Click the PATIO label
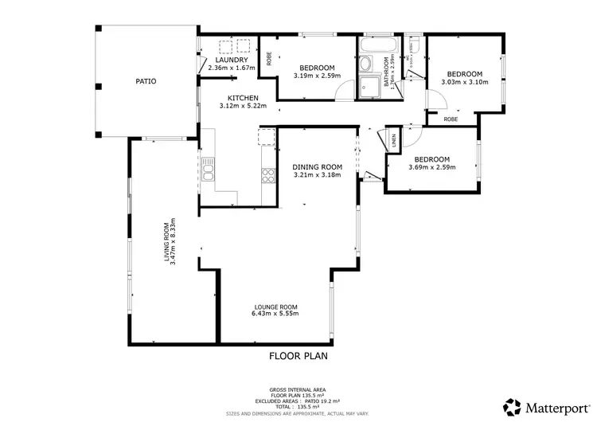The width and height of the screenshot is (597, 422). [x=145, y=81]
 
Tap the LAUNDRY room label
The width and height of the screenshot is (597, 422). [x=232, y=61]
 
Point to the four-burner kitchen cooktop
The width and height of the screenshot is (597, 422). [x=267, y=175]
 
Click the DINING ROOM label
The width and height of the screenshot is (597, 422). [x=317, y=167]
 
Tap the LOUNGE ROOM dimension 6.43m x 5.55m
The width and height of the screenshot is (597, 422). [x=276, y=313]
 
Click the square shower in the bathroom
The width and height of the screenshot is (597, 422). [x=369, y=88]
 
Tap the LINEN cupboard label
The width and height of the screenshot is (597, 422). [x=393, y=140]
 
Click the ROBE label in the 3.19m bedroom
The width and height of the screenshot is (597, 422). [x=269, y=58]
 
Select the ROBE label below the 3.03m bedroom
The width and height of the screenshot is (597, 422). [x=451, y=119]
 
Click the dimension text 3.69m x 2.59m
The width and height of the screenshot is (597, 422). [x=431, y=167]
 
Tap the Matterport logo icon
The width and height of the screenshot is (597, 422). [x=513, y=406]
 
